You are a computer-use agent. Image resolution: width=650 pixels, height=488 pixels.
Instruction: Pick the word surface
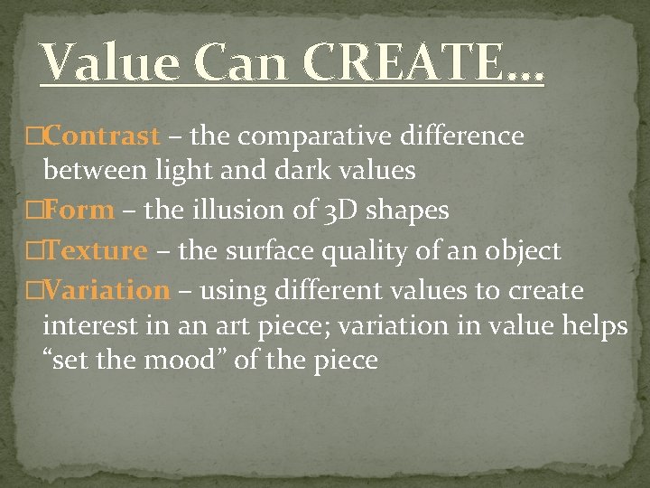266,250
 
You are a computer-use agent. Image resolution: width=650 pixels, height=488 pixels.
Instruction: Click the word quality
362,250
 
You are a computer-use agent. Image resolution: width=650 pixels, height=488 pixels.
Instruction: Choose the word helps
593,325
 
